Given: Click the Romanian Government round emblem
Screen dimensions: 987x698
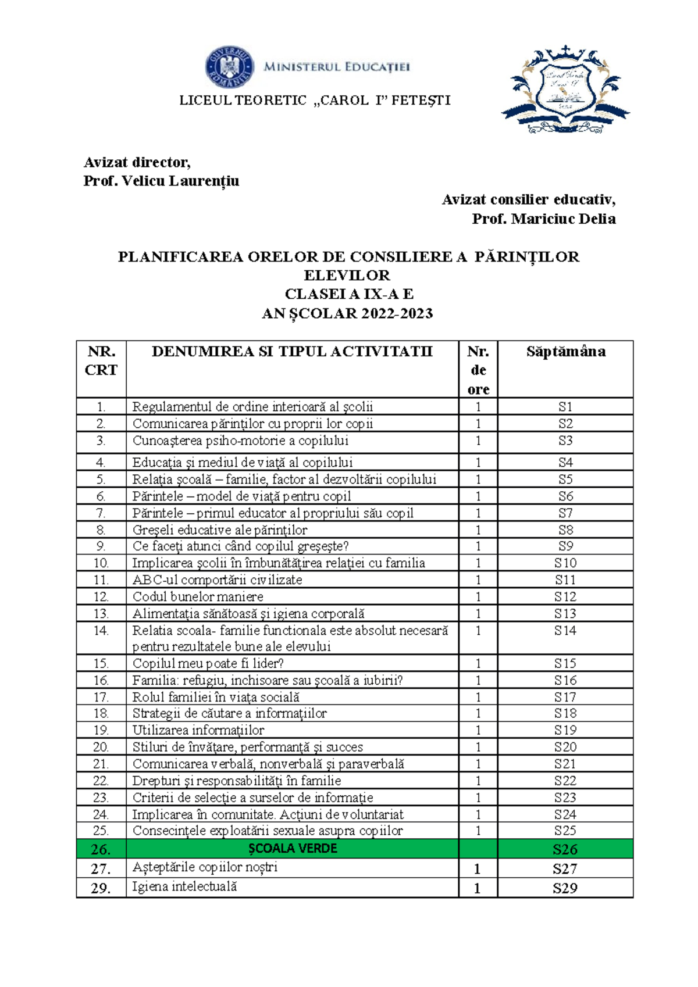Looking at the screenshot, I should click(229, 67).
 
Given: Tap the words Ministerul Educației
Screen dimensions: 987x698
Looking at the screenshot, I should click(337, 67).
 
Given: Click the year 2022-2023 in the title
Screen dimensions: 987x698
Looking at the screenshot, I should click(397, 313).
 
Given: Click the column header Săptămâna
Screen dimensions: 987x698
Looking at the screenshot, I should click(565, 351).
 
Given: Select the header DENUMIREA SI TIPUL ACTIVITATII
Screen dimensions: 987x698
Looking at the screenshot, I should click(292, 351).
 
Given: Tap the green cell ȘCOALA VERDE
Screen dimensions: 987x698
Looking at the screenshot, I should click(293, 849).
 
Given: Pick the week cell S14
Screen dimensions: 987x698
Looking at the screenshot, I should click(565, 630).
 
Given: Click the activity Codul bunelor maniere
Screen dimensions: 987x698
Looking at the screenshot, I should click(198, 596).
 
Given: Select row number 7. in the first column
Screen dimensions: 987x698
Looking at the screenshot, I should click(101, 513).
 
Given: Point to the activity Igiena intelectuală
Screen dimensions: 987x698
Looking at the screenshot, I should click(184, 886).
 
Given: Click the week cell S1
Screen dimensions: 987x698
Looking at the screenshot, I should click(565, 407).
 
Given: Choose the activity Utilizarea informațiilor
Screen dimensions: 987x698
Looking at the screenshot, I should click(198, 730).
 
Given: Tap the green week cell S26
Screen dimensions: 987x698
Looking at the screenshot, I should click(565, 849).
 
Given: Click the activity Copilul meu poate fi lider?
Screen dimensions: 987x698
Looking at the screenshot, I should click(208, 663).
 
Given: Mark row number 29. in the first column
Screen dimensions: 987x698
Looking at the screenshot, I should click(101, 888).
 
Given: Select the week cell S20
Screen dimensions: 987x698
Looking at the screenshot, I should click(565, 747).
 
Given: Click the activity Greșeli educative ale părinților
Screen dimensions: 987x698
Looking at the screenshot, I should click(220, 530).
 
